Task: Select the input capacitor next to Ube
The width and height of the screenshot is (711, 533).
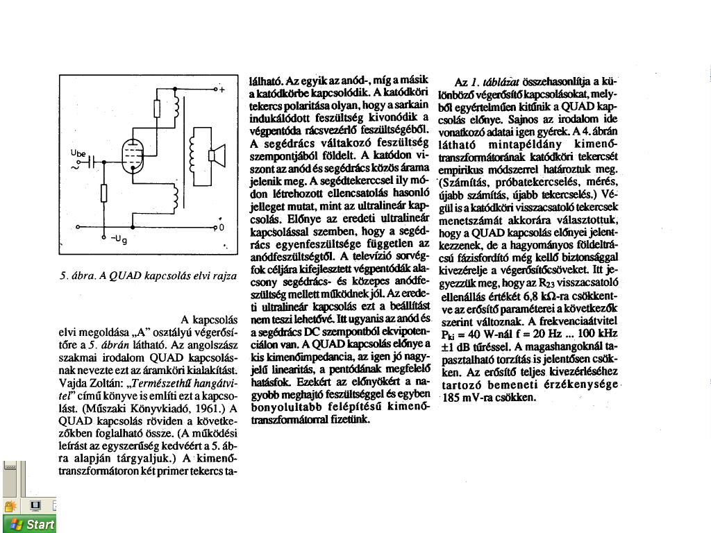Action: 90,162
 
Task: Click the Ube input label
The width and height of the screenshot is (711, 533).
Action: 78,153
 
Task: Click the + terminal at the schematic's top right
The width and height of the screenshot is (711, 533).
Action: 222,90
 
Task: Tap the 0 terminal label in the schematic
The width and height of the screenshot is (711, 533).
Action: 221,227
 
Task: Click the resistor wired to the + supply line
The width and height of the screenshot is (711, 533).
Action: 157,109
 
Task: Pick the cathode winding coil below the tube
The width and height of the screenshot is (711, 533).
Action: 176,197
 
